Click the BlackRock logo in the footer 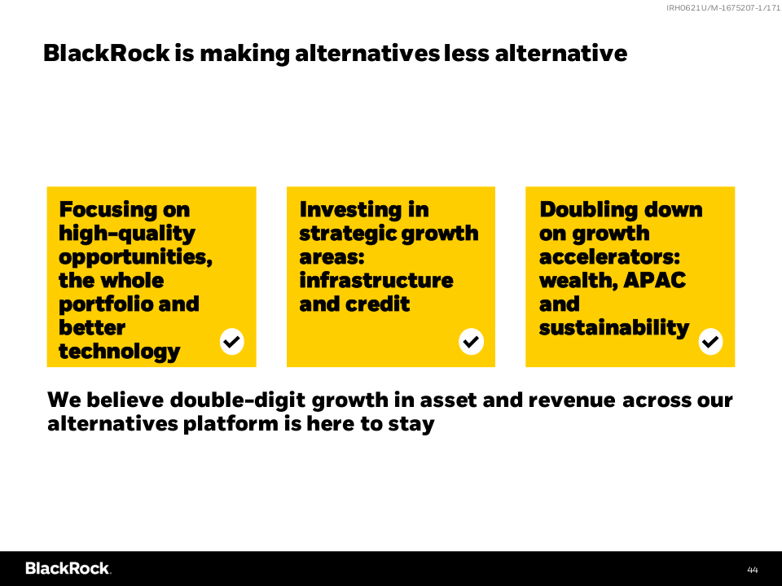coord(68,569)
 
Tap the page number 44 coord(753,570)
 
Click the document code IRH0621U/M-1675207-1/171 coord(723,7)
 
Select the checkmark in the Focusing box coord(232,342)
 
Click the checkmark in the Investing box coord(472,342)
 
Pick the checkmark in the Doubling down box coord(710,342)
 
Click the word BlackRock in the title coord(107,54)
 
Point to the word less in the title coord(466,54)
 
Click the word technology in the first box coord(119,352)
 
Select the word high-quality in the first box coord(127,234)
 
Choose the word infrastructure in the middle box coord(376,281)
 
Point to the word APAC coord(654,281)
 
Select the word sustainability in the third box coord(614,328)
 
